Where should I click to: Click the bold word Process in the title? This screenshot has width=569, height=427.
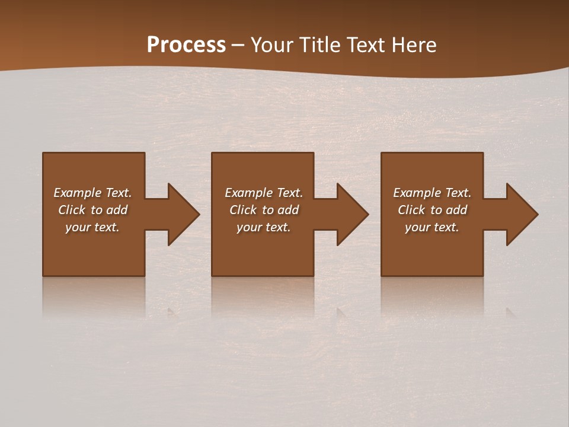tap(186, 45)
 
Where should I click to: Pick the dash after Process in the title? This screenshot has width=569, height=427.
tap(238, 46)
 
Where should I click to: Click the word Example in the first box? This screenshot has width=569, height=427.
tap(78, 193)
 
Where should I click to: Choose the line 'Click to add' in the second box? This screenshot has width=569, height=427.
tap(264, 210)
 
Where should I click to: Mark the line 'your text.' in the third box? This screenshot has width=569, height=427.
tap(432, 227)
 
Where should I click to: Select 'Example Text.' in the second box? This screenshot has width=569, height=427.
tap(264, 193)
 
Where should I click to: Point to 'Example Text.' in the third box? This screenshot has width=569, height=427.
tap(432, 193)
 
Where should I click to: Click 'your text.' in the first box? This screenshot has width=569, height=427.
tap(92, 227)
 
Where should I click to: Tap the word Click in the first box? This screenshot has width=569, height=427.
tap(72, 210)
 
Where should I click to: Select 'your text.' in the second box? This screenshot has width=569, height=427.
tap(264, 227)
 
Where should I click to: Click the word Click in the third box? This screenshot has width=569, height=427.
tap(411, 210)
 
